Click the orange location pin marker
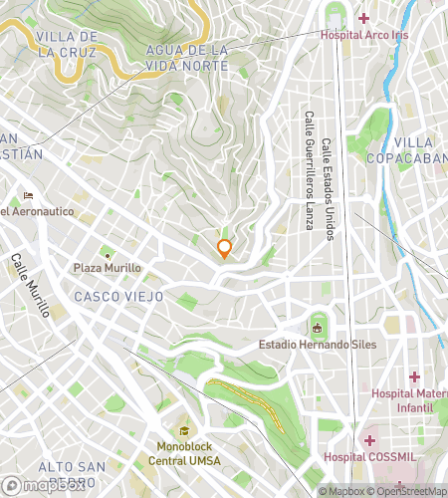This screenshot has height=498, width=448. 225,249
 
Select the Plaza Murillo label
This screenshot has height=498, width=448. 108,268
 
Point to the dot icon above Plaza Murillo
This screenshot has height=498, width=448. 108,253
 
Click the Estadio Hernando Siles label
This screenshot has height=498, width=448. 318,345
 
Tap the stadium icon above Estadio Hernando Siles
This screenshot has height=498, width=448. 318,326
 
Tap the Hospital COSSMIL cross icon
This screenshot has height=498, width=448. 368,439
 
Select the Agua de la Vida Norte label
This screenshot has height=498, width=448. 186,57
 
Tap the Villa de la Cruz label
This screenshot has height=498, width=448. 66,44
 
